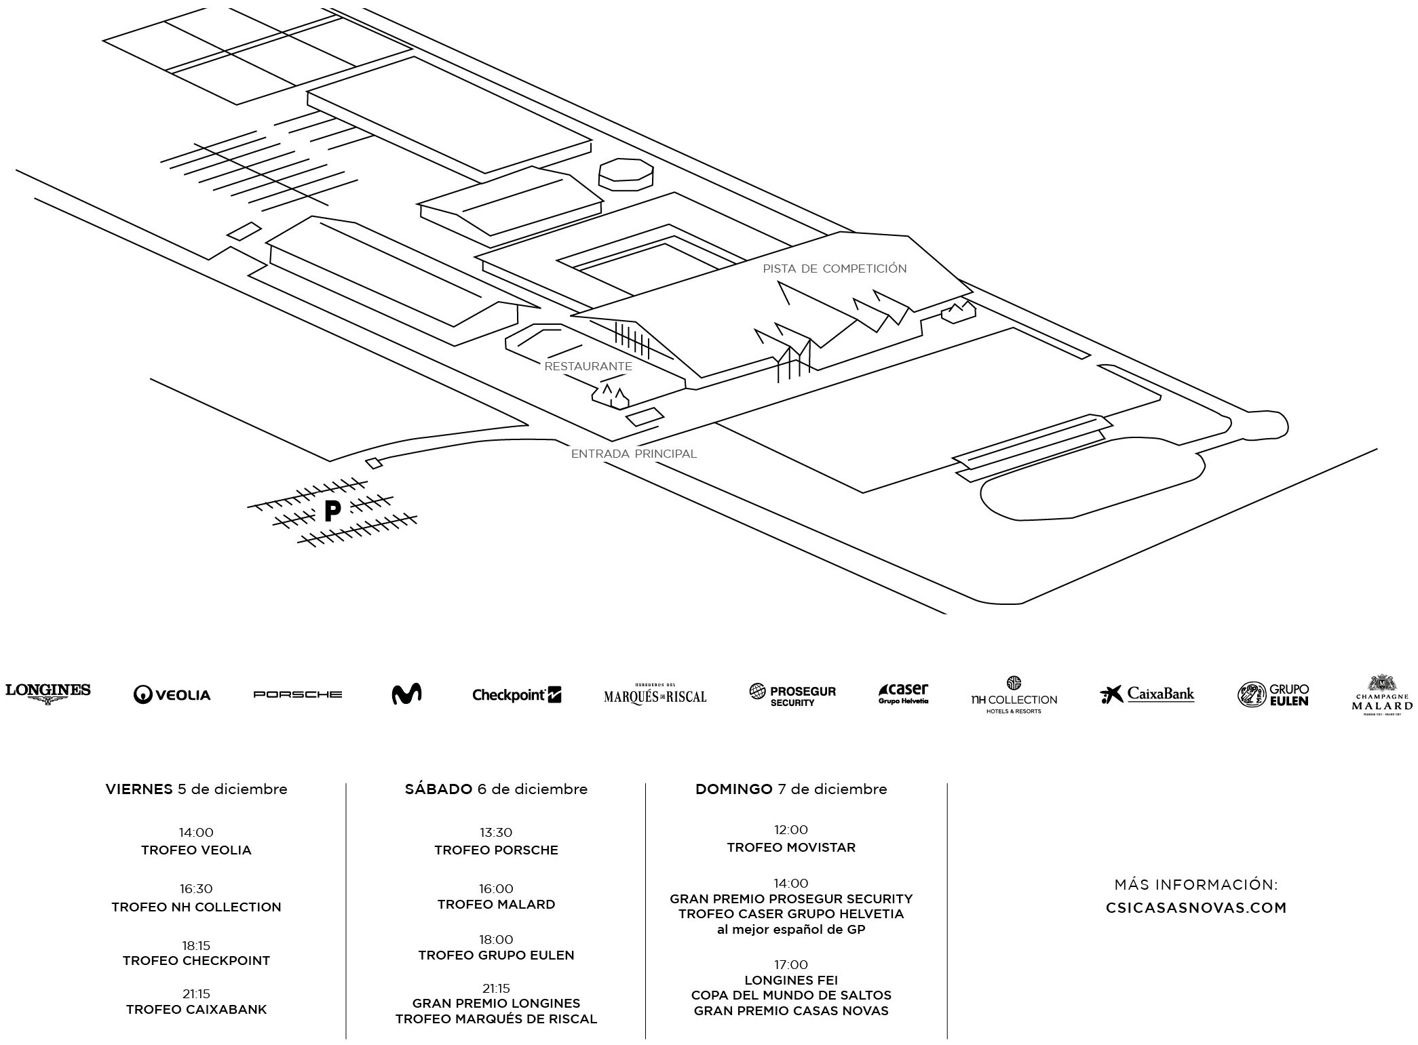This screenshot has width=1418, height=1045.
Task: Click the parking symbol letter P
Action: point(332,511)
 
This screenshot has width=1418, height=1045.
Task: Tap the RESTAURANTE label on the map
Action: point(588,366)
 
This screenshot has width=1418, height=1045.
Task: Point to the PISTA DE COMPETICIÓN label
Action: point(835,269)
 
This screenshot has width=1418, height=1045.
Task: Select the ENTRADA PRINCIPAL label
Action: point(634,454)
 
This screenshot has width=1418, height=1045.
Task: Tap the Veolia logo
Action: point(172,694)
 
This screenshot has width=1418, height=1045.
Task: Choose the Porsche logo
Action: point(297,694)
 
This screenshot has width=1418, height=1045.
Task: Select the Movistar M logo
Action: point(407,694)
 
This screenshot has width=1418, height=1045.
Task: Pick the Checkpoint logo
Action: point(516,694)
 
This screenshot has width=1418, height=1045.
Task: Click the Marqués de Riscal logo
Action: point(655,694)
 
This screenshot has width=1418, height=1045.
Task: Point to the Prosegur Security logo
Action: point(792,694)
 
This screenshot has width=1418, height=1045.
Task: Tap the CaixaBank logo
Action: point(1147,694)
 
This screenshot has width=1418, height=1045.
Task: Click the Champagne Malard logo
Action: point(1382,695)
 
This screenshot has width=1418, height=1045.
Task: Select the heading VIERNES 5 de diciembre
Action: point(196,789)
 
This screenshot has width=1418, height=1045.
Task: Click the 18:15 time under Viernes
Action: point(196,945)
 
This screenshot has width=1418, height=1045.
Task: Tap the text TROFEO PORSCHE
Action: point(496,850)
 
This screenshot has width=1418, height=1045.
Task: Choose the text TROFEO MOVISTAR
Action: point(791,848)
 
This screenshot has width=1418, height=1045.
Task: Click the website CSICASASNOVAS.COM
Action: point(1196,908)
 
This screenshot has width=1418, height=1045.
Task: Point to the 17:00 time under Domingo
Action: point(791,964)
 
